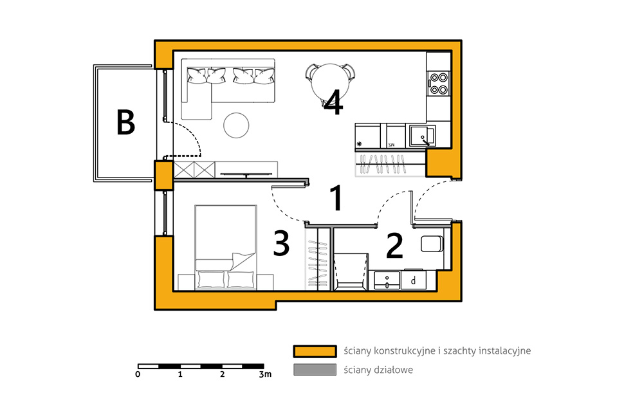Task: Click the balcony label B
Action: pos(125,122)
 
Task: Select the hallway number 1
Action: pos(336,198)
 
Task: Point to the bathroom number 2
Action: pos(394,246)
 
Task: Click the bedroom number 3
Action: pos(281,243)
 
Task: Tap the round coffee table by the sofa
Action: pos(236,125)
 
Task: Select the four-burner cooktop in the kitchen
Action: pos(439,84)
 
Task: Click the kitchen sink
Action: pos(423,136)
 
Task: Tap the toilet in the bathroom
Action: pos(432,244)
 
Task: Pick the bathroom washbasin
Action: pos(387,280)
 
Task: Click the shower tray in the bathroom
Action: pos(350,271)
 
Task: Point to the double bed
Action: pos(226,247)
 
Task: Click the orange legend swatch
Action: pos(315,351)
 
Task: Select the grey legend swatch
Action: pos(315,370)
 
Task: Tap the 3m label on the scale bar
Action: pos(266,374)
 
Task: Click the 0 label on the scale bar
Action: pos(138,374)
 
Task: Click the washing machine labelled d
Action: pos(414,280)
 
